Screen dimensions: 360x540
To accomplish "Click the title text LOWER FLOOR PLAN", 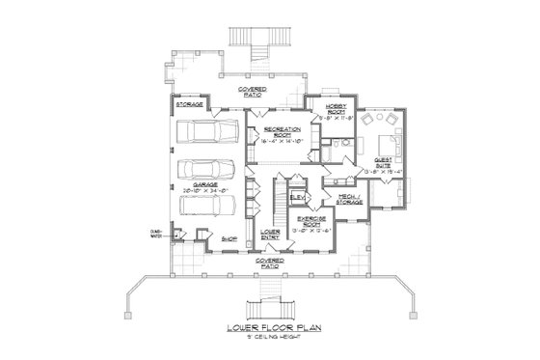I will pos(270,329).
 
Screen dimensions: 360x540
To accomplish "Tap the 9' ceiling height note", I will pos(270,339).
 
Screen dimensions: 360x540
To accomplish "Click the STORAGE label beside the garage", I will pos(188,102).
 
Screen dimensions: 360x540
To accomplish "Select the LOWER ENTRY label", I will pos(271,235).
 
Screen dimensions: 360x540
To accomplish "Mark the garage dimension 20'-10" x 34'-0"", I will pos(203,191).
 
